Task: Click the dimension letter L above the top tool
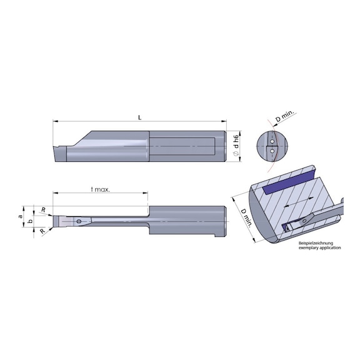[139, 117]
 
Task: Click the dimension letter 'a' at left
[20, 216]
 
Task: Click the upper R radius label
[42, 209]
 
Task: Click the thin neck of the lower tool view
[116, 219]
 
